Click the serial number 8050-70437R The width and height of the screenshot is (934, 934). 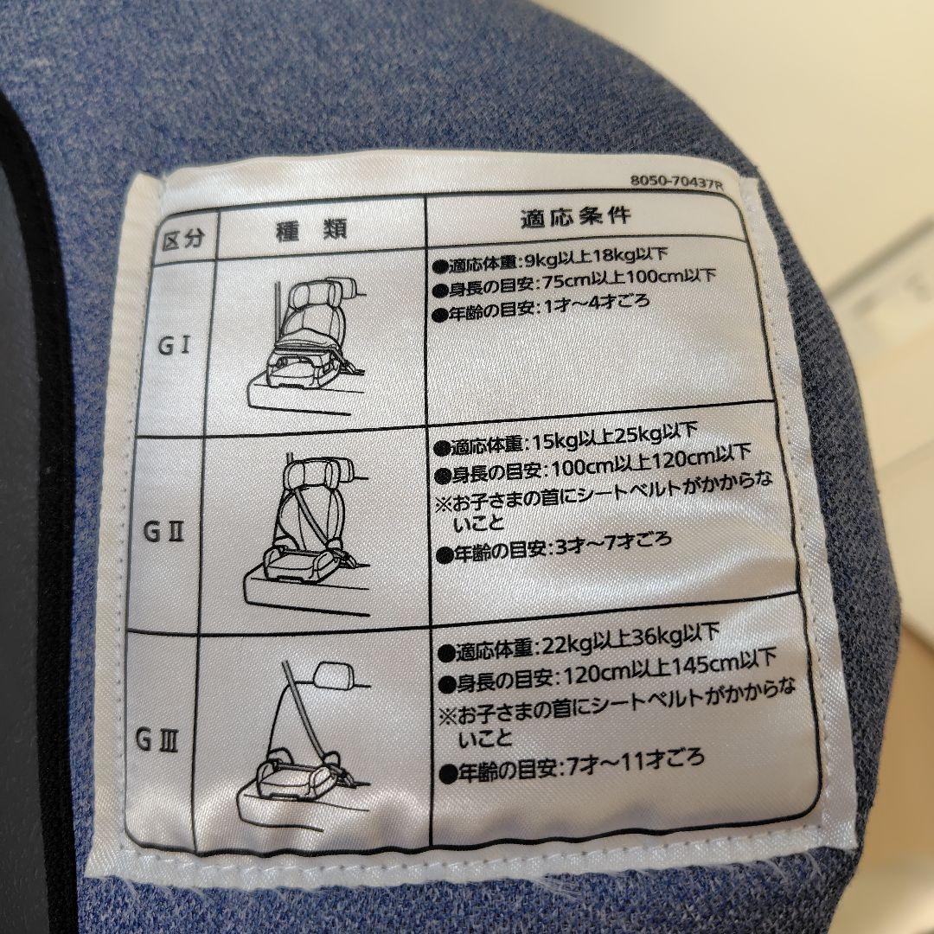tap(676, 181)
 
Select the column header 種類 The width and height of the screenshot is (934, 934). tap(311, 229)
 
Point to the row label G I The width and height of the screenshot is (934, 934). tap(173, 345)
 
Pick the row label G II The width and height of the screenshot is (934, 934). tap(163, 531)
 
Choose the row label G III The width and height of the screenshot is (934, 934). tap(157, 740)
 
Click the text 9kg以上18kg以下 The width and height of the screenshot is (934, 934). tap(592, 258)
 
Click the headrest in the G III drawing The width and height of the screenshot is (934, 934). tap(335, 675)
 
